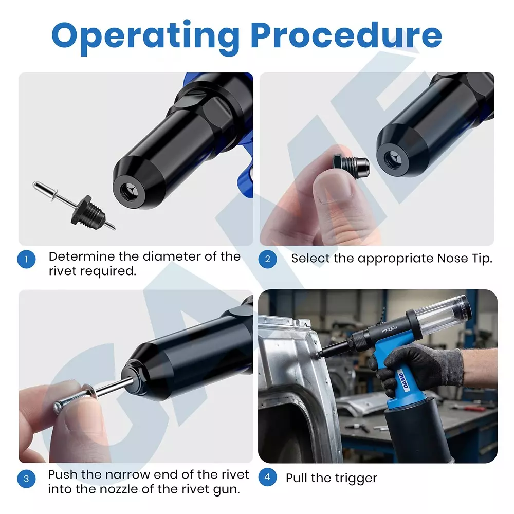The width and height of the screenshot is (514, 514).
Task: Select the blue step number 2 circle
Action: (x=267, y=259)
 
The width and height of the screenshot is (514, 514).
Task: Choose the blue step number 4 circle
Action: (x=267, y=478)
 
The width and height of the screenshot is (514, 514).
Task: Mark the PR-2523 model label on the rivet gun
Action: (x=390, y=329)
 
